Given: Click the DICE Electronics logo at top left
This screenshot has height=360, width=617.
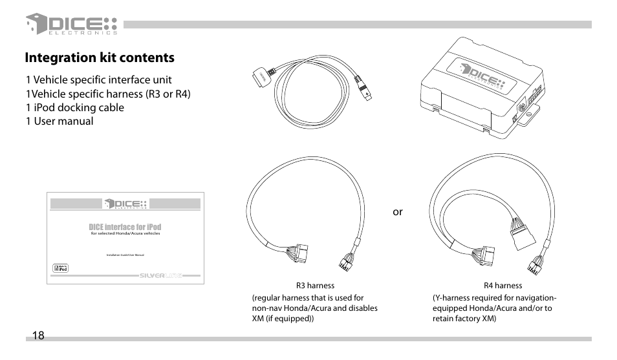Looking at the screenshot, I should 71,25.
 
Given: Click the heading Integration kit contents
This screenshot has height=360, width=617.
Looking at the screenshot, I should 100,58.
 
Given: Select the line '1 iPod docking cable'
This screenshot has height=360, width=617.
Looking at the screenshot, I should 75,107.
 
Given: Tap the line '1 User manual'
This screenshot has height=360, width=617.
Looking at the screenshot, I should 60,121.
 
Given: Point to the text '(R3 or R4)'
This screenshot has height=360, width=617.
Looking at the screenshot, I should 169,94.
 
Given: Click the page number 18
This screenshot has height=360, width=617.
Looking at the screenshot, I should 38,335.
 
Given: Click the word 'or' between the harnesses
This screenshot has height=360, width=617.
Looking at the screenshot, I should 398,211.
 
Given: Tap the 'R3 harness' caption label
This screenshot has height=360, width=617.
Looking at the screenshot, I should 315,285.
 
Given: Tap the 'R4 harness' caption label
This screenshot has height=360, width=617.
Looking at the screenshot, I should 503,285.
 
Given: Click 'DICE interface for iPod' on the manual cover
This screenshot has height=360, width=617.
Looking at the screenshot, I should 125,227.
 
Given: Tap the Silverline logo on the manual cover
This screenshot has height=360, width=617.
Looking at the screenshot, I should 161,275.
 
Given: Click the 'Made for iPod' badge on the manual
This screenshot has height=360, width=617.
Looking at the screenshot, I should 60,268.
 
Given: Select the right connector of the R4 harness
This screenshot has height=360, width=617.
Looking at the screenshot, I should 535,263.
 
